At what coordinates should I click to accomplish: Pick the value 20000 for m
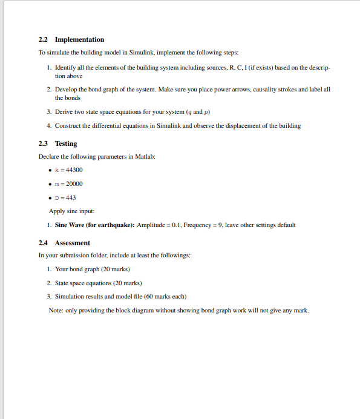click(x=74, y=183)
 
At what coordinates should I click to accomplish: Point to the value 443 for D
click(x=70, y=197)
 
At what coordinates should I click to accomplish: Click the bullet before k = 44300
click(x=50, y=170)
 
